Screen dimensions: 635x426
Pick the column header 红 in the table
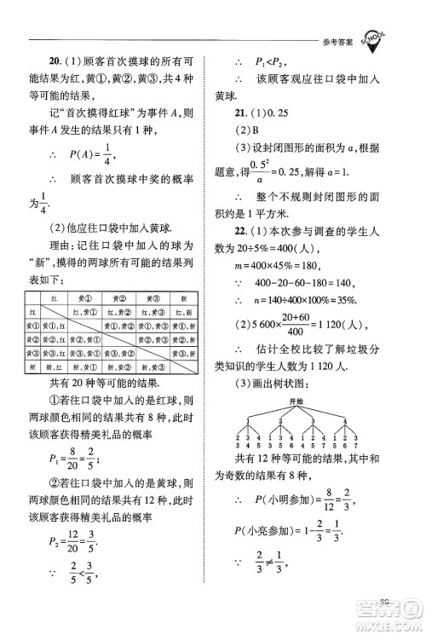click(x=55, y=300)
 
